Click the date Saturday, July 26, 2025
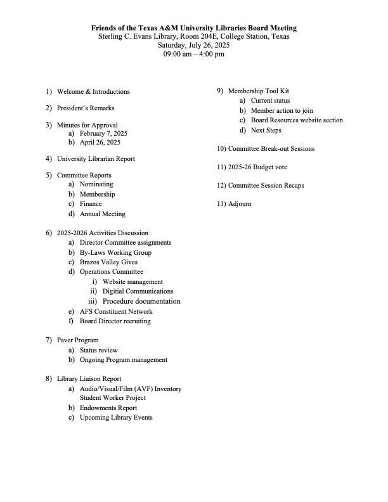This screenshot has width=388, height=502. (193, 46)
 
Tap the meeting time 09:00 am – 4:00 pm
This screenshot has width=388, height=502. (193, 55)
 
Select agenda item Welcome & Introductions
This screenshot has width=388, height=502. (93, 92)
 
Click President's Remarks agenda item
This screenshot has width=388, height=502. (86, 108)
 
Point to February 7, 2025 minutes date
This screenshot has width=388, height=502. (103, 134)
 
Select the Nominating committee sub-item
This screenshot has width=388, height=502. (96, 184)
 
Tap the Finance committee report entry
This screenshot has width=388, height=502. (91, 204)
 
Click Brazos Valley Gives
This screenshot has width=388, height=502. (108, 262)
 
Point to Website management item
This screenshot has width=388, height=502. (132, 281)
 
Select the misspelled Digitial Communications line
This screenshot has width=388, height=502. (138, 292)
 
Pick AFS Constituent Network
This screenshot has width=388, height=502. (116, 311)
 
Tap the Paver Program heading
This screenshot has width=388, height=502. (78, 340)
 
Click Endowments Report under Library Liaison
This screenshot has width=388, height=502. (108, 408)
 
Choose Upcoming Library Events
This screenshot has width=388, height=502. (116, 418)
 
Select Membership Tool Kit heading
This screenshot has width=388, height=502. (258, 91)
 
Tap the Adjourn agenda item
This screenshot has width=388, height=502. (240, 204)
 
